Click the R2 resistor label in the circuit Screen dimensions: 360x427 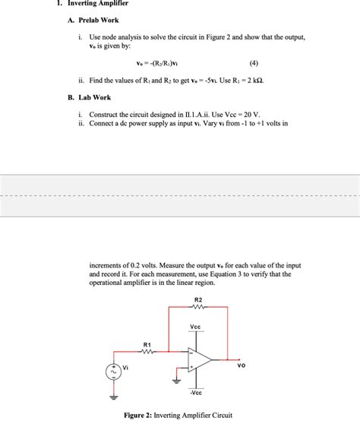click(198, 299)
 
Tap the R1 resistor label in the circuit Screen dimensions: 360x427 click(147, 345)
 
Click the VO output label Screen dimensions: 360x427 click(242, 365)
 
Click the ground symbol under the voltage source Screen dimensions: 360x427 click(114, 397)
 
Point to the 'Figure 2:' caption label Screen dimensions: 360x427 click(141, 415)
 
